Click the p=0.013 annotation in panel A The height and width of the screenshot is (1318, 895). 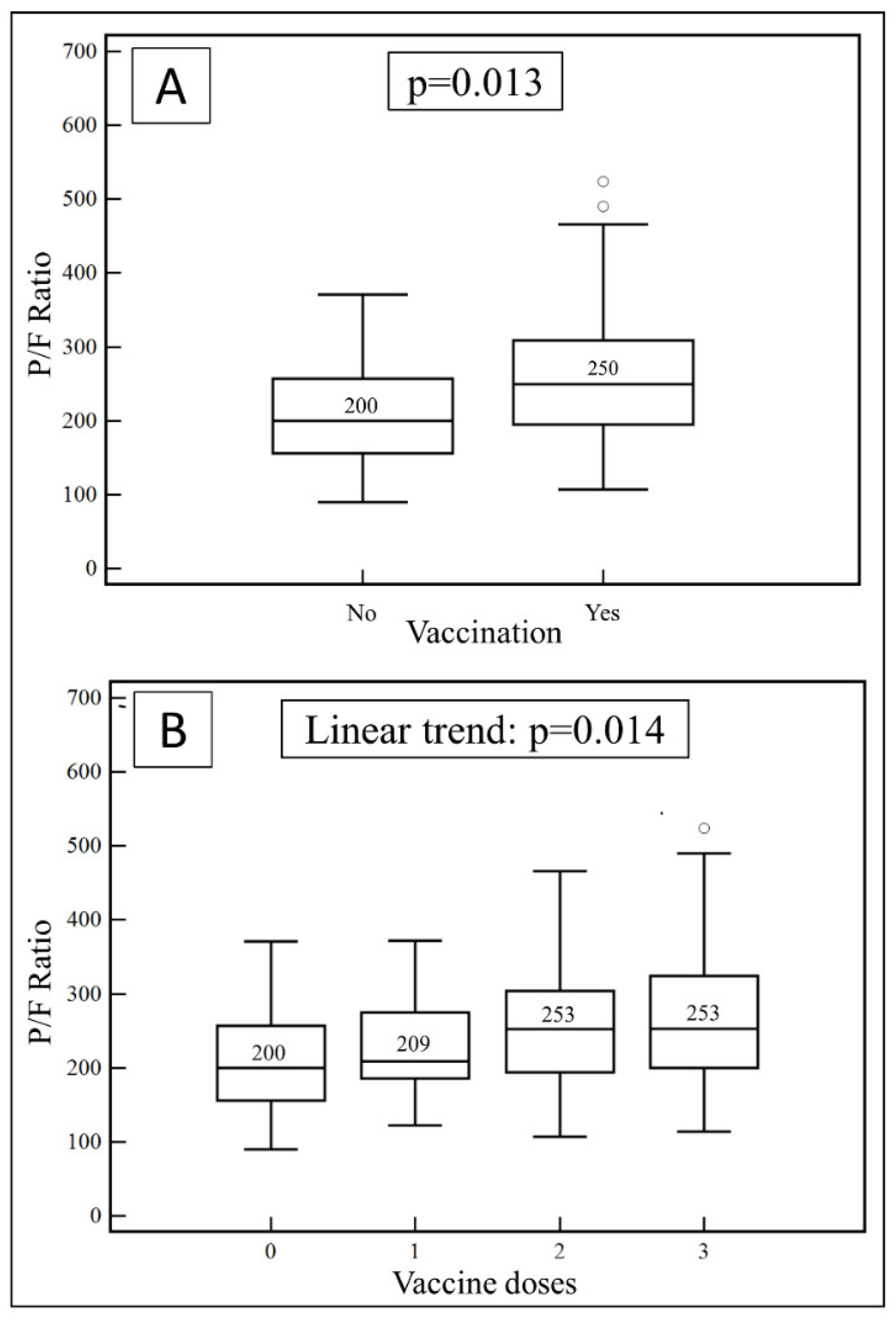pos(475,82)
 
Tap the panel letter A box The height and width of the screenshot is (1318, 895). pos(171,86)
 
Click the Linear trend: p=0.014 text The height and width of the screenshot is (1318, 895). pos(485,730)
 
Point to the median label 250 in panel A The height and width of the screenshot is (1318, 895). pos(602,369)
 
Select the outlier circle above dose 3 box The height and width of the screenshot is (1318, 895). pos(704,829)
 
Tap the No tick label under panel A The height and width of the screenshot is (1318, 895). pos(361,613)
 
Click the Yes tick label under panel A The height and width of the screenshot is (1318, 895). pos(602,613)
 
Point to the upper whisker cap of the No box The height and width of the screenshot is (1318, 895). pos(363,295)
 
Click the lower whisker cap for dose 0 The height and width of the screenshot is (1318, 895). pos(271,1149)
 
